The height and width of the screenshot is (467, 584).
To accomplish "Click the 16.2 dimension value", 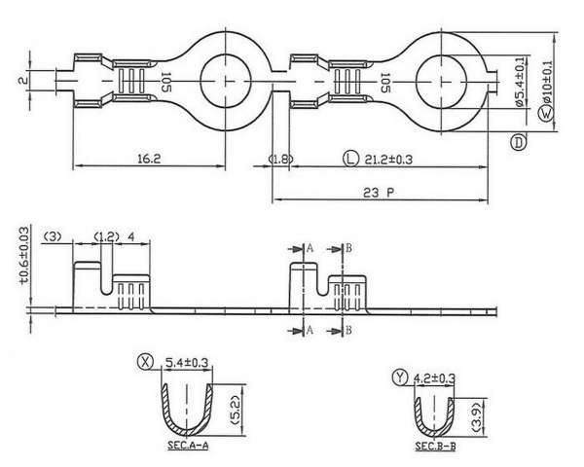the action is tap(149, 159).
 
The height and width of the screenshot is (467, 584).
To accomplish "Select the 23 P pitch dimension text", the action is tap(379, 193).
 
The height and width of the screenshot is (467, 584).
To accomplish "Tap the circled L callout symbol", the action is tap(350, 159).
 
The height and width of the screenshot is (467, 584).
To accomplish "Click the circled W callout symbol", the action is tap(546, 113).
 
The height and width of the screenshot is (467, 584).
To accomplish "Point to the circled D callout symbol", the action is tap(518, 142).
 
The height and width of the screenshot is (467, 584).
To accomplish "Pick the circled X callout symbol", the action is tap(145, 361).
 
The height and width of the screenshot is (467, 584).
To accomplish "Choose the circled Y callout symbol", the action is tap(400, 377).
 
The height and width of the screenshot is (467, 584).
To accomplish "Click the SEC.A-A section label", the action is tap(188, 445).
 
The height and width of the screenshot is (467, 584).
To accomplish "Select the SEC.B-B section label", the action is tap(435, 447).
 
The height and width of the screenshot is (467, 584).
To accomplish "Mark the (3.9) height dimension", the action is tap(478, 417).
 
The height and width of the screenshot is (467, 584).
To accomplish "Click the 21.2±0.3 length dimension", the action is tap(388, 160).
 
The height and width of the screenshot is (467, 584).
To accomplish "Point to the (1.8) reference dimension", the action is tap(281, 159).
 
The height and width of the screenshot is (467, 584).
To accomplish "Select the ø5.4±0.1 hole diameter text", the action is tap(521, 82).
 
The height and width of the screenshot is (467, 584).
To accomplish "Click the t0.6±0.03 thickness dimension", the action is tap(23, 256).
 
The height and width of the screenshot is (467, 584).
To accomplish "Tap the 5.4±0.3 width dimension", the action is tap(187, 362).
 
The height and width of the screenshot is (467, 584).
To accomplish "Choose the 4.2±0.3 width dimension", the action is tap(434, 378).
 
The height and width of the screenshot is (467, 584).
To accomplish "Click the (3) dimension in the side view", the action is tap(53, 236).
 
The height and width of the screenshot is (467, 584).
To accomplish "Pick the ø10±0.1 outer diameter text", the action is tap(547, 81).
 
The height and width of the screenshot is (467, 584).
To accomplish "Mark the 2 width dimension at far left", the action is tap(23, 80).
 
